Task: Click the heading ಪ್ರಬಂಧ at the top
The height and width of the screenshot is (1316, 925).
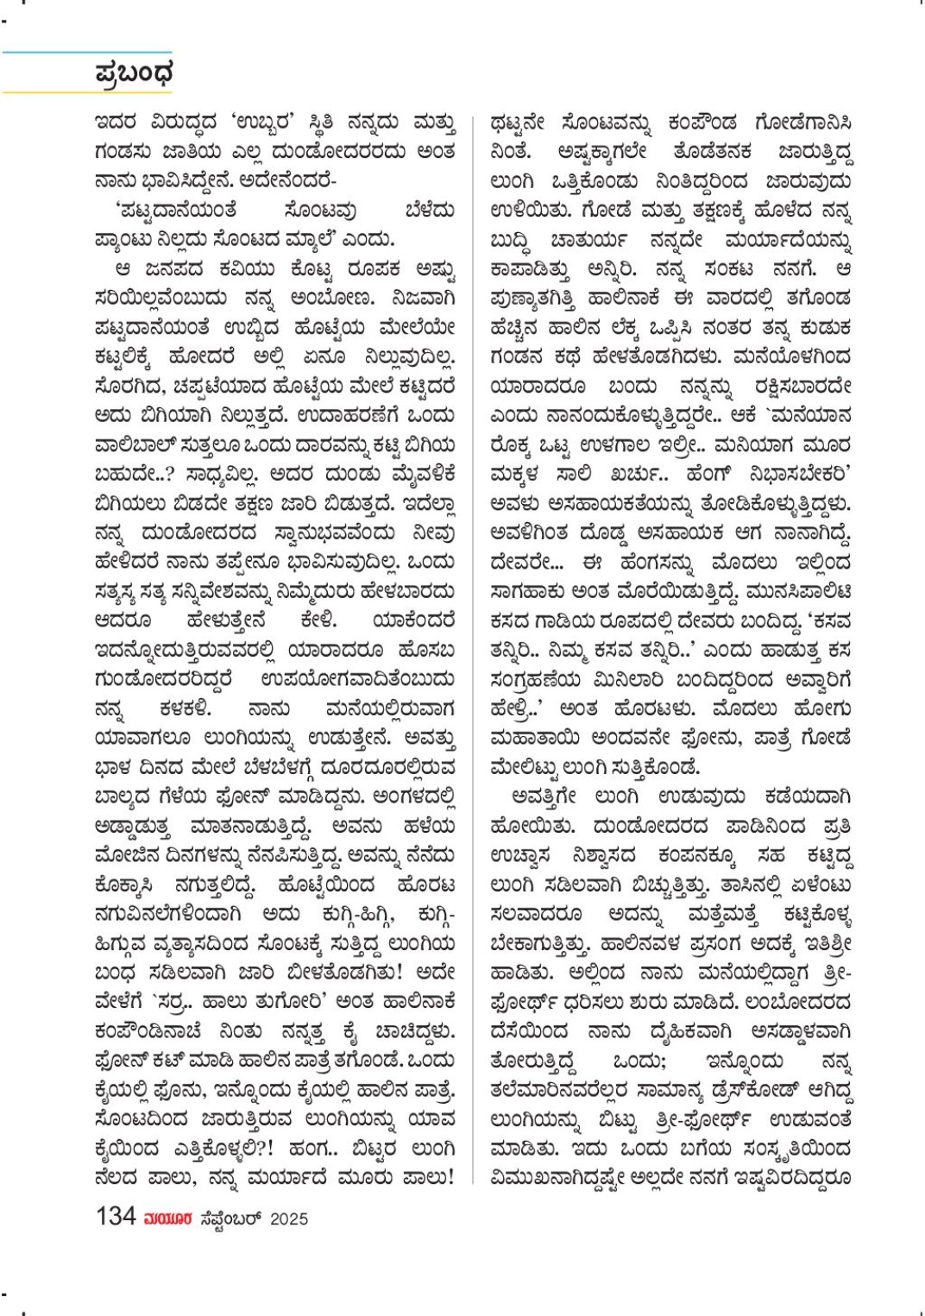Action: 134,73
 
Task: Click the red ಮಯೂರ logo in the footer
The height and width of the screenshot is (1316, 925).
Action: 167,1218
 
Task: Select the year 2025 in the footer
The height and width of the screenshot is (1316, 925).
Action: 289,1218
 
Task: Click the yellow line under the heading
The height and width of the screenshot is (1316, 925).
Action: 86,91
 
